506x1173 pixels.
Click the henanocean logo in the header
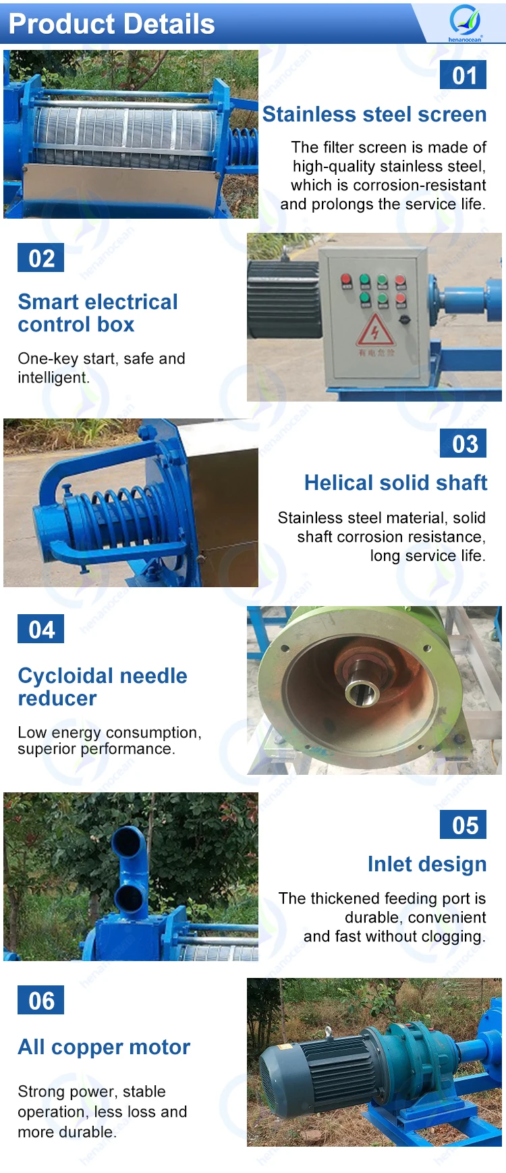(x=465, y=22)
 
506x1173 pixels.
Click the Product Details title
(x=111, y=24)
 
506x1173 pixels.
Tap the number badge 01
(x=463, y=75)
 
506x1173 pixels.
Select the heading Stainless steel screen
(x=374, y=115)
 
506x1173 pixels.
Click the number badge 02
(x=41, y=258)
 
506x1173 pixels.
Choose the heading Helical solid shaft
(x=395, y=483)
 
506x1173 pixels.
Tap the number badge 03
(x=463, y=444)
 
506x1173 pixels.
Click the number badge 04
(x=41, y=630)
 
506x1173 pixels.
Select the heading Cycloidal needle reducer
(x=103, y=686)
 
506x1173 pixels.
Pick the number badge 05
(x=463, y=825)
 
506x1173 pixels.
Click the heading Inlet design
(x=427, y=865)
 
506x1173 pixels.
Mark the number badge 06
(x=41, y=1001)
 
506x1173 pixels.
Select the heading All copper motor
(x=104, y=1047)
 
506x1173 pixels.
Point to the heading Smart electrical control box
(x=98, y=313)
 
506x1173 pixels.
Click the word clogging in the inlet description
(x=453, y=937)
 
